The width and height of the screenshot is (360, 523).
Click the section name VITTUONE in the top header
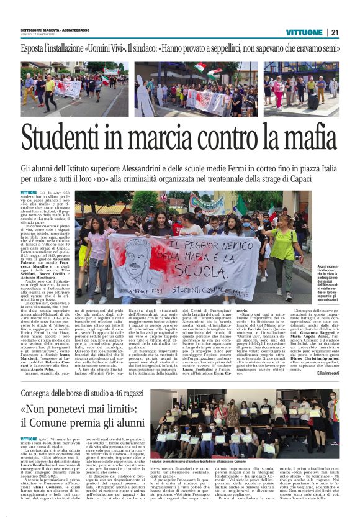point(305,32)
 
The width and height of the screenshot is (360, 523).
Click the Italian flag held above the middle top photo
point(200,66)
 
